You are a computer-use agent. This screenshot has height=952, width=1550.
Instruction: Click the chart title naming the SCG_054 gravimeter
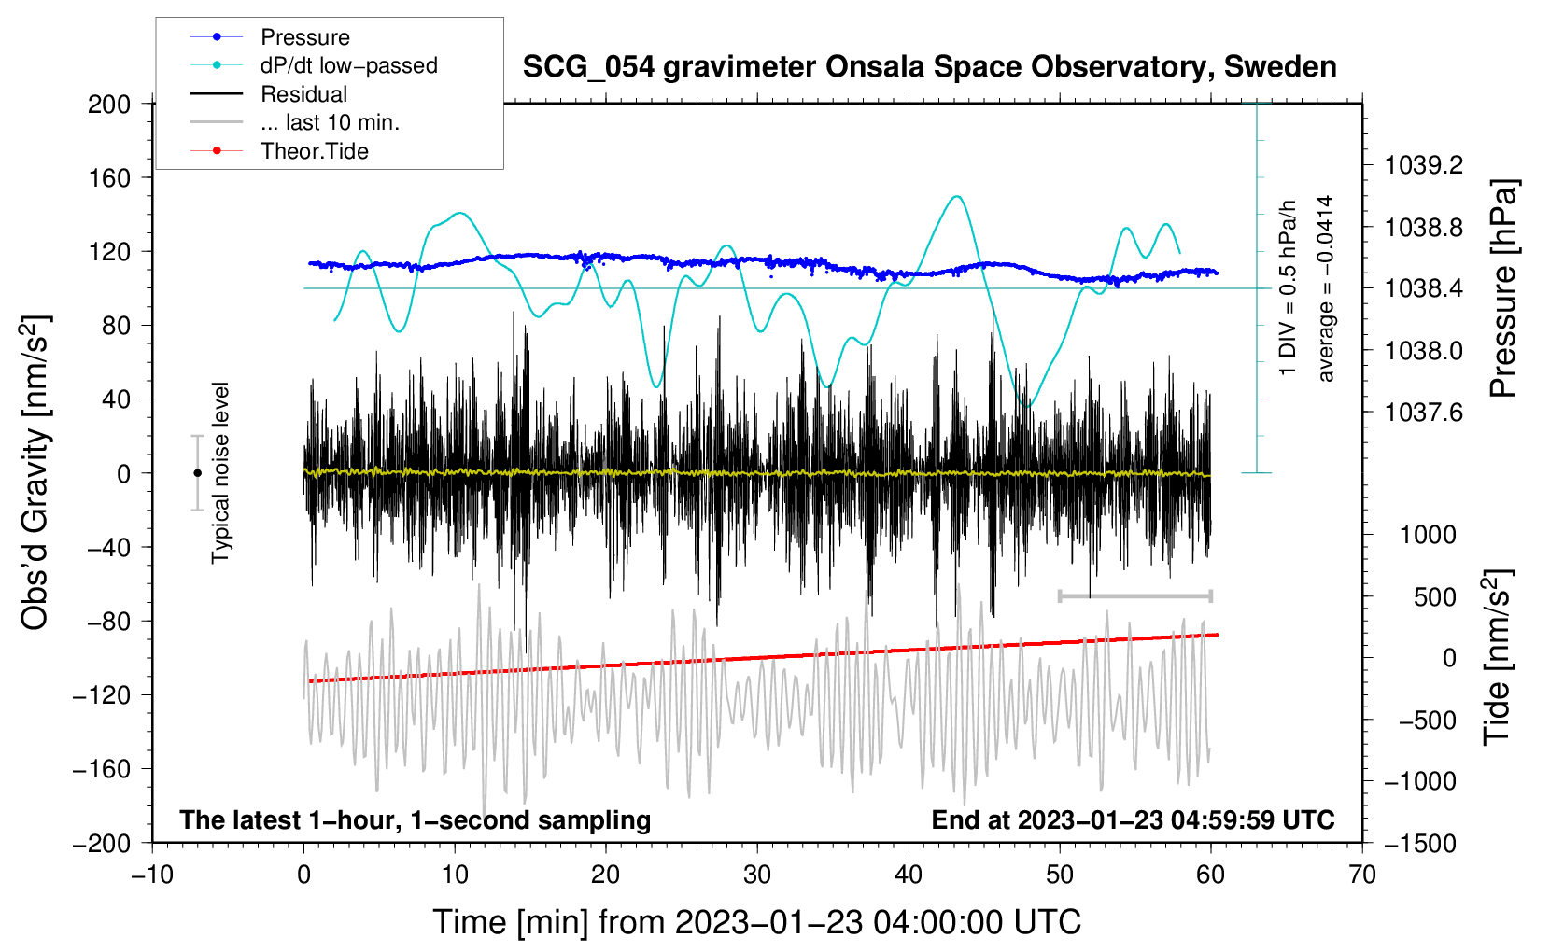929,67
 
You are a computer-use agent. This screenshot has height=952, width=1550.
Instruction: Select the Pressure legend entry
304,37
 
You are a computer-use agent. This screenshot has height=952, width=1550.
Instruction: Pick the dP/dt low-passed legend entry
348,65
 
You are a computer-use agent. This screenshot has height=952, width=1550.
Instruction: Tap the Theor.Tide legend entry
314,151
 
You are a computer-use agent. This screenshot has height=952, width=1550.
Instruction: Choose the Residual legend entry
303,94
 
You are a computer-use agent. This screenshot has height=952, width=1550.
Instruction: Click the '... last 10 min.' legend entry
330,122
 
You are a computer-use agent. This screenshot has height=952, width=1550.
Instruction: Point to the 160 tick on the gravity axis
109,177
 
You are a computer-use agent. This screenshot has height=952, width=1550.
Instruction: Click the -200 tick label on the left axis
102,843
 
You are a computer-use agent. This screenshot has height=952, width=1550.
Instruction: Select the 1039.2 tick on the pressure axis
1423,165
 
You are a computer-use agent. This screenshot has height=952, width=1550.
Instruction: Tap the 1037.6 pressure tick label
1423,412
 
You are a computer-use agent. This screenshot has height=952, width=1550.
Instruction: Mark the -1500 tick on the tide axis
1419,843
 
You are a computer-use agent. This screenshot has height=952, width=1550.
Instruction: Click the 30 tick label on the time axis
757,875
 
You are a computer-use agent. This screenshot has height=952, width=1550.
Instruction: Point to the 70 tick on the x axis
1362,875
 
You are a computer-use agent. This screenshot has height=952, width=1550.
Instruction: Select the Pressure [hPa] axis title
1502,289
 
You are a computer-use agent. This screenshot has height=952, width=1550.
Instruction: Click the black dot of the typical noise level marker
197,473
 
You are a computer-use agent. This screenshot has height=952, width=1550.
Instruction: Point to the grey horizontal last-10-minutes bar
1134,595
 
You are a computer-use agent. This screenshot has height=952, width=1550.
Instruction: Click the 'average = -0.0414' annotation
1325,288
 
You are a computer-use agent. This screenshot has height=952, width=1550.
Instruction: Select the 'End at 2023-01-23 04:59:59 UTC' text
1133,819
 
